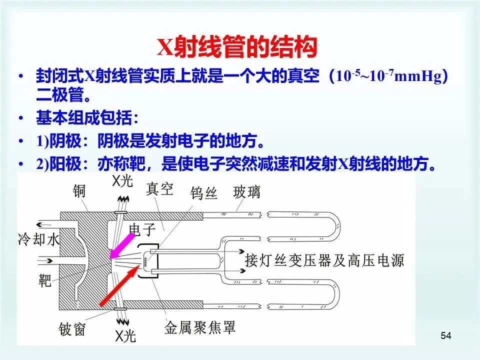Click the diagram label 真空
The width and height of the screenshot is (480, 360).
[159, 189]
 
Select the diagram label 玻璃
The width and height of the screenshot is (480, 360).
[246, 192]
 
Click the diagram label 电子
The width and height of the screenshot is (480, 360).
[142, 229]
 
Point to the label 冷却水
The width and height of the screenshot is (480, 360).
[38, 239]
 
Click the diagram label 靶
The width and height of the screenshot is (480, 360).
[45, 281]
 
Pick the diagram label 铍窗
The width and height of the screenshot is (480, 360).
[71, 329]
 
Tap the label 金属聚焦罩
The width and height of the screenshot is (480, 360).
[200, 328]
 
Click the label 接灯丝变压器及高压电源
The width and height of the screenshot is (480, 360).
[324, 261]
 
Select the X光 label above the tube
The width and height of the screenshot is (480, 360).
[122, 181]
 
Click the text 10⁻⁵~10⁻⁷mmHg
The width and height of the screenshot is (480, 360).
[386, 78]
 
